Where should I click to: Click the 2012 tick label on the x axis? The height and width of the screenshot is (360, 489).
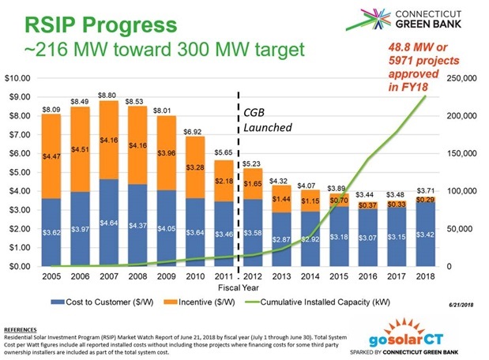[x=252, y=276]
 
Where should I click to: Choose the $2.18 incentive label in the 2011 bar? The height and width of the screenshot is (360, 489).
[x=224, y=181]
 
